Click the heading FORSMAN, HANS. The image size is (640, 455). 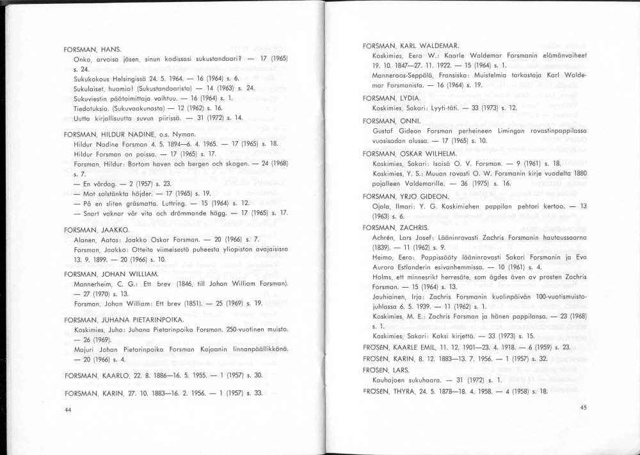tap(93, 49)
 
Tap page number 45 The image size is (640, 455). tap(583, 407)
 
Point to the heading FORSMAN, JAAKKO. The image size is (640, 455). tap(97, 229)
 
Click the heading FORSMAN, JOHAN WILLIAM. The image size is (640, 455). tap(111, 274)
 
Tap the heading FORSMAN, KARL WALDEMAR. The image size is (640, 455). tap(410, 46)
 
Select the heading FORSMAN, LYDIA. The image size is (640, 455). tap(392, 98)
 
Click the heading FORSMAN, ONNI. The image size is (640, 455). tap(389, 120)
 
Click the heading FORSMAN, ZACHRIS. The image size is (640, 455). tap(396, 227)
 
